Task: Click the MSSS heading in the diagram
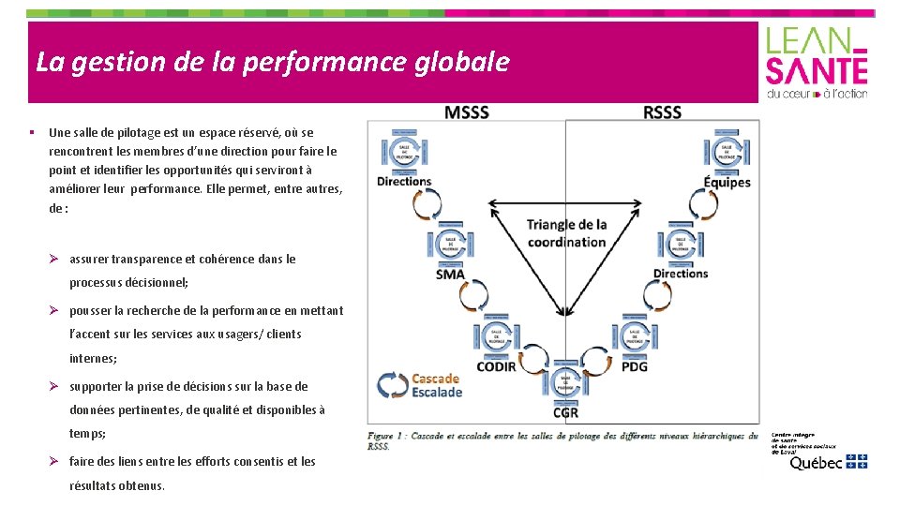pos(467,112)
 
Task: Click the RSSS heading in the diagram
pos(662,112)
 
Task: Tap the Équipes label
pos(727,182)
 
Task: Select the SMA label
pos(450,275)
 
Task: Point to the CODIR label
pos(496,366)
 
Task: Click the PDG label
pos(634,366)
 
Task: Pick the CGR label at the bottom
pos(565,412)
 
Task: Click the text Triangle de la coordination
pos(566,233)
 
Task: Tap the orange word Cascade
pos(436,379)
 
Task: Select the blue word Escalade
pos(437,393)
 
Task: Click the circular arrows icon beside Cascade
pos(392,385)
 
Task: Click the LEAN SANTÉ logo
pos(817,62)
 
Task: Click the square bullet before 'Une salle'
pos(32,132)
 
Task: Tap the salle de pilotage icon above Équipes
pos(726,151)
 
